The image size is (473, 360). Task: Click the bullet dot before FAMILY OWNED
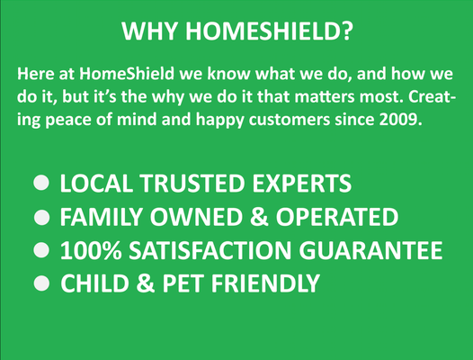point(41,218)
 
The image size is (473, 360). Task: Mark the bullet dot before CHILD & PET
point(41,283)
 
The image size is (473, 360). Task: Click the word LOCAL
point(96,184)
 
